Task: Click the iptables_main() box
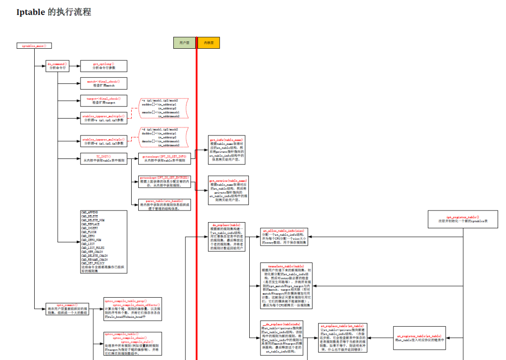(x=34, y=46)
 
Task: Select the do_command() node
(x=58, y=66)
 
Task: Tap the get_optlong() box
(x=104, y=66)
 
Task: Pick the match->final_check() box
(x=104, y=83)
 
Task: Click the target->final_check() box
(x=104, y=101)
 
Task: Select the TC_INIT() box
(x=104, y=158)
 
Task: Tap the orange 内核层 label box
(x=208, y=43)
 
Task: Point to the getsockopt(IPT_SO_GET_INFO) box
(x=164, y=158)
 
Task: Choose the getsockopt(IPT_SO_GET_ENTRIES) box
(x=164, y=182)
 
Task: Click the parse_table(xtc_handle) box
(x=164, y=204)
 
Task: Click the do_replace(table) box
(x=226, y=237)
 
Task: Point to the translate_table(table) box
(x=286, y=286)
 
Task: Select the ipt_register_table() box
(x=462, y=219)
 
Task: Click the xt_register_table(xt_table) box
(x=419, y=338)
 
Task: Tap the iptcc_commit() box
(x=67, y=309)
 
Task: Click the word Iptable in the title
(x=31, y=12)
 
